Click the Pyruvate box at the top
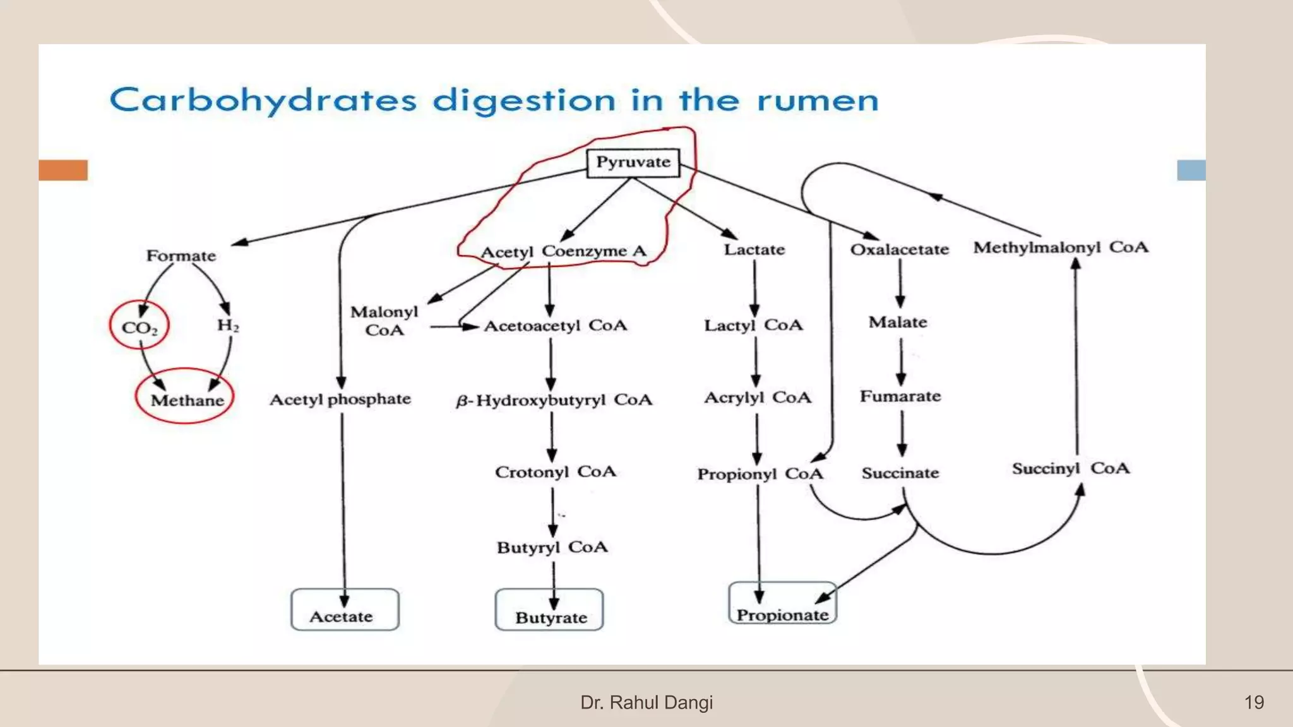pyautogui.click(x=633, y=163)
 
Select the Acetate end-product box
pyautogui.click(x=345, y=610)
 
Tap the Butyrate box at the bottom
pyautogui.click(x=549, y=610)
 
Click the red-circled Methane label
pyautogui.click(x=187, y=400)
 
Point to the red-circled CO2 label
pyautogui.click(x=140, y=328)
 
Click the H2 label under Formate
pyautogui.click(x=228, y=325)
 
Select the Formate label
pyautogui.click(x=181, y=256)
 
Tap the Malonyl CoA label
pyautogui.click(x=384, y=321)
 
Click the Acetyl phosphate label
pyautogui.click(x=340, y=399)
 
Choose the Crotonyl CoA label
pyautogui.click(x=556, y=472)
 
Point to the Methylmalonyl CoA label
pyautogui.click(x=1061, y=247)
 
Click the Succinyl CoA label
pyautogui.click(x=1071, y=468)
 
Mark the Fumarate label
pyautogui.click(x=900, y=396)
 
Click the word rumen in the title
pyautogui.click(x=818, y=101)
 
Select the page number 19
pyautogui.click(x=1254, y=702)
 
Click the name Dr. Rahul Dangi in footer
pyautogui.click(x=646, y=702)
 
